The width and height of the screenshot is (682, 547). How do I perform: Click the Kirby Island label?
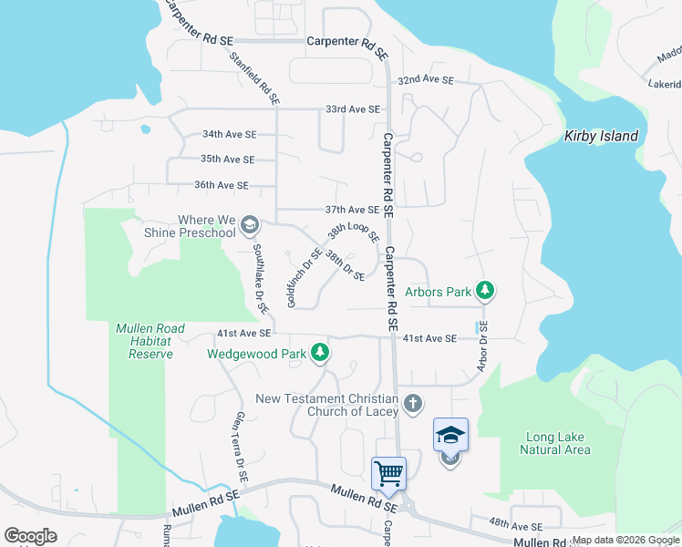tap(601, 136)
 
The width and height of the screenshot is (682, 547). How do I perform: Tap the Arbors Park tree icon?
tap(486, 292)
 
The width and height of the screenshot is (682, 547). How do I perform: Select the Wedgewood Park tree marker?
tap(319, 352)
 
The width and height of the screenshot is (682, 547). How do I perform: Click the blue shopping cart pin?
tap(388, 474)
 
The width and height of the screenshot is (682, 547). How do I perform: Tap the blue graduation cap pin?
tap(450, 435)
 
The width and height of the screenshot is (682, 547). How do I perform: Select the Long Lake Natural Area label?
tap(555, 443)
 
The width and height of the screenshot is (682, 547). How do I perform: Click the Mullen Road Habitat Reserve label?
tap(150, 341)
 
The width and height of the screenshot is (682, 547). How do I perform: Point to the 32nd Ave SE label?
tap(426, 80)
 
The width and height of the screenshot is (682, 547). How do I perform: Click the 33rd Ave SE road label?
tap(353, 109)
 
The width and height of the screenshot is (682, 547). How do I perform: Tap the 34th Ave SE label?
tap(229, 134)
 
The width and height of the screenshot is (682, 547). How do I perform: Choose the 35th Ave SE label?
tap(227, 159)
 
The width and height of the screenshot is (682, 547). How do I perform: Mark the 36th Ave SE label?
tap(221, 185)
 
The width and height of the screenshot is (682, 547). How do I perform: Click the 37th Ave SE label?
tap(352, 210)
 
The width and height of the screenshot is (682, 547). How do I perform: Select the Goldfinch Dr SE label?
tap(304, 277)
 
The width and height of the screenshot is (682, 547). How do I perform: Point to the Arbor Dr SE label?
tap(482, 346)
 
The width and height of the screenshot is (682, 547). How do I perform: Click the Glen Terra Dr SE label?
tap(240, 446)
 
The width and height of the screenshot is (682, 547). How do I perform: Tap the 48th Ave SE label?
tap(514, 526)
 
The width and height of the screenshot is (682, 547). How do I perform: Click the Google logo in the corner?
tap(30, 536)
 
